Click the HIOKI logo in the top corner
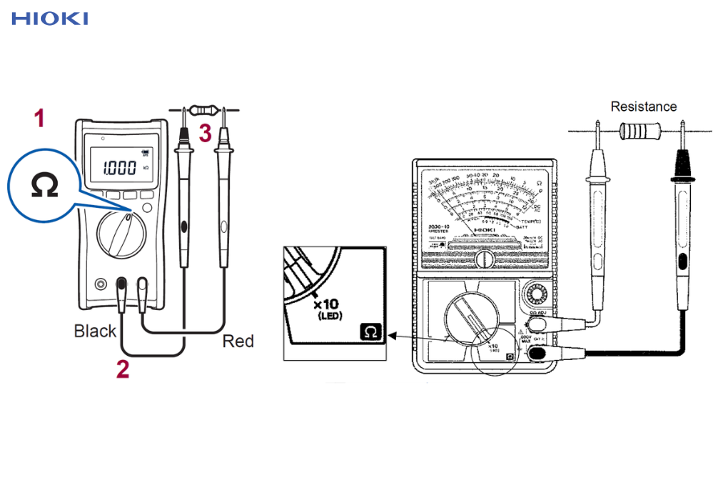click(x=50, y=18)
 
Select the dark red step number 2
click(x=123, y=369)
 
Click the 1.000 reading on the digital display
click(x=120, y=168)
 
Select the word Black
click(x=96, y=331)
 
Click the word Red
click(x=238, y=341)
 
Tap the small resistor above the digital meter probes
click(x=203, y=109)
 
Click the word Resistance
click(x=643, y=106)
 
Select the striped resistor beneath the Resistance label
click(x=640, y=128)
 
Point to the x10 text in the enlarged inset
click(x=326, y=304)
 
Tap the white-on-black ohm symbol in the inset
click(x=371, y=331)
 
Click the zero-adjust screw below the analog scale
click(x=484, y=260)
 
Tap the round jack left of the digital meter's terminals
click(x=100, y=284)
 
